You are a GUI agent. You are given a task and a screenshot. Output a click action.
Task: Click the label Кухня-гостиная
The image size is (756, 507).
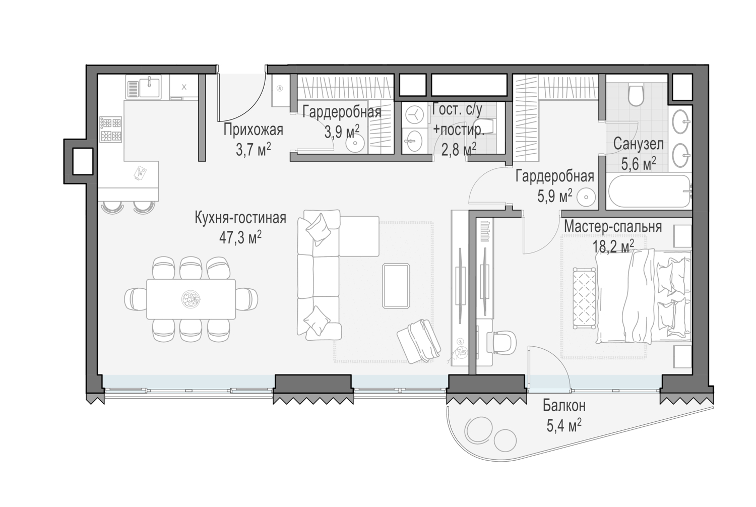(x=240, y=218)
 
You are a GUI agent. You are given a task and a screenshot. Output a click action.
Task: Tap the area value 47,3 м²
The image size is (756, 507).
(x=240, y=238)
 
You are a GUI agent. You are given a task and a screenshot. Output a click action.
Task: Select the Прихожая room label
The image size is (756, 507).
(x=253, y=130)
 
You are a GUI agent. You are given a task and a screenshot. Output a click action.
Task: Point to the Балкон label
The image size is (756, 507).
(x=564, y=406)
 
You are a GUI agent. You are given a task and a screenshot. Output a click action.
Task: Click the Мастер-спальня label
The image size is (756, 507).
(x=613, y=227)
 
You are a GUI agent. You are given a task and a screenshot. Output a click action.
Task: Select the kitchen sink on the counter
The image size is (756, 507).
(x=143, y=87)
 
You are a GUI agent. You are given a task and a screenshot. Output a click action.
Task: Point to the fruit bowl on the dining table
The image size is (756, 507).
(x=191, y=299)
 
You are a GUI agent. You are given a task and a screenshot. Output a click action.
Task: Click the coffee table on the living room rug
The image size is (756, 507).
(x=396, y=286)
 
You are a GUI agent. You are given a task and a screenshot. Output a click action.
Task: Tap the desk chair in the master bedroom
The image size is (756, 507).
(x=503, y=342)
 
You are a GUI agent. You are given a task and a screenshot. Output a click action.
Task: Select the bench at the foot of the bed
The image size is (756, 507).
(x=584, y=298)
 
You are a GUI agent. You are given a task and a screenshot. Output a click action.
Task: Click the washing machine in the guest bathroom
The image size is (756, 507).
(x=413, y=115)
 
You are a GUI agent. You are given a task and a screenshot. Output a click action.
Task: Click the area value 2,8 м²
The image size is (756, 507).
(x=459, y=149)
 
